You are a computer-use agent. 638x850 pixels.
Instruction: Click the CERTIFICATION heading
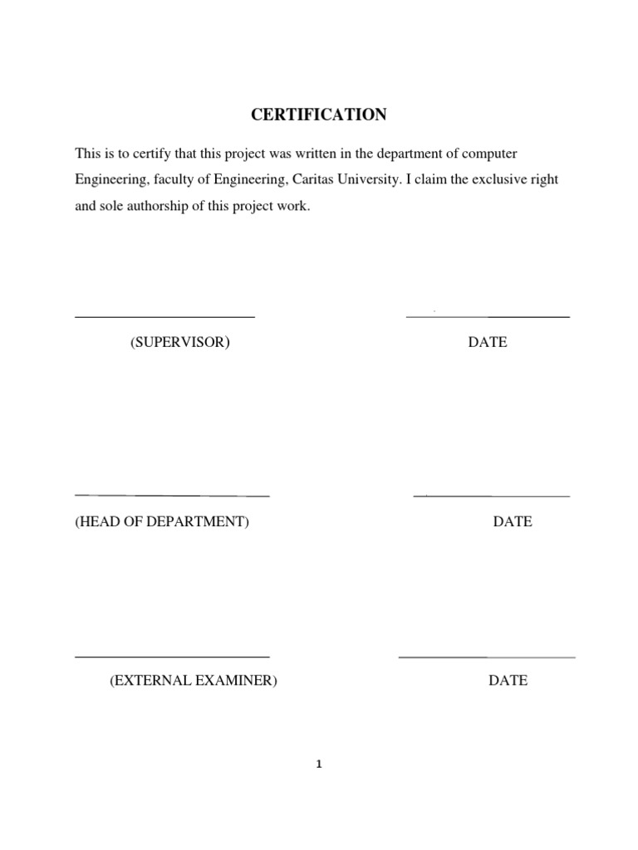coord(319,115)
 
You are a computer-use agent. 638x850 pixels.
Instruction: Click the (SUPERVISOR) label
coord(179,342)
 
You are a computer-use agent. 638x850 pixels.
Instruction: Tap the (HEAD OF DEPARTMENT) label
coord(162,522)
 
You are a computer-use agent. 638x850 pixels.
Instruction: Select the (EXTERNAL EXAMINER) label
coord(194,681)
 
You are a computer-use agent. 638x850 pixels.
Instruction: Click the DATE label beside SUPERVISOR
coord(488,342)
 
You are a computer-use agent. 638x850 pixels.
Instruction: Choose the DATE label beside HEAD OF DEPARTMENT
coord(513,522)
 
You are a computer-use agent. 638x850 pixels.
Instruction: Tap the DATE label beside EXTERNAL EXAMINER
coord(508,681)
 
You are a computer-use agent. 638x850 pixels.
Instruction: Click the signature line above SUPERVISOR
coord(164,316)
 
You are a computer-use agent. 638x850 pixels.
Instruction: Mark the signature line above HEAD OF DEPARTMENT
coord(172,496)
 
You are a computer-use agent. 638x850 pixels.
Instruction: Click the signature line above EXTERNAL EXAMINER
coord(172,657)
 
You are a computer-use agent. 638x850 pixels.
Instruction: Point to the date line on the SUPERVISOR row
coord(488,317)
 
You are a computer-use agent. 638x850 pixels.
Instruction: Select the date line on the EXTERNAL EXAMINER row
coord(487,657)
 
